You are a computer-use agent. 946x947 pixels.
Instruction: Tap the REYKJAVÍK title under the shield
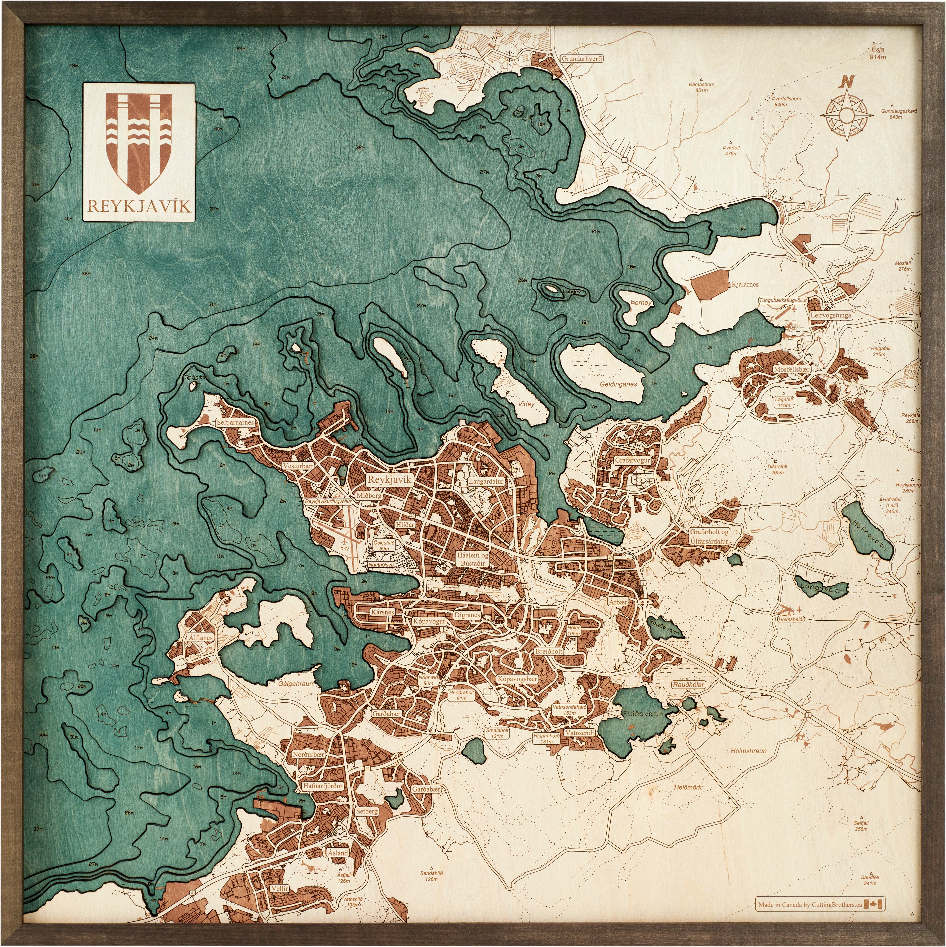(139, 206)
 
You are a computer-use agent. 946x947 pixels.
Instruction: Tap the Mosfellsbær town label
(792, 369)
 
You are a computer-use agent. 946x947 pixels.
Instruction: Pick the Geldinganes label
(618, 384)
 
